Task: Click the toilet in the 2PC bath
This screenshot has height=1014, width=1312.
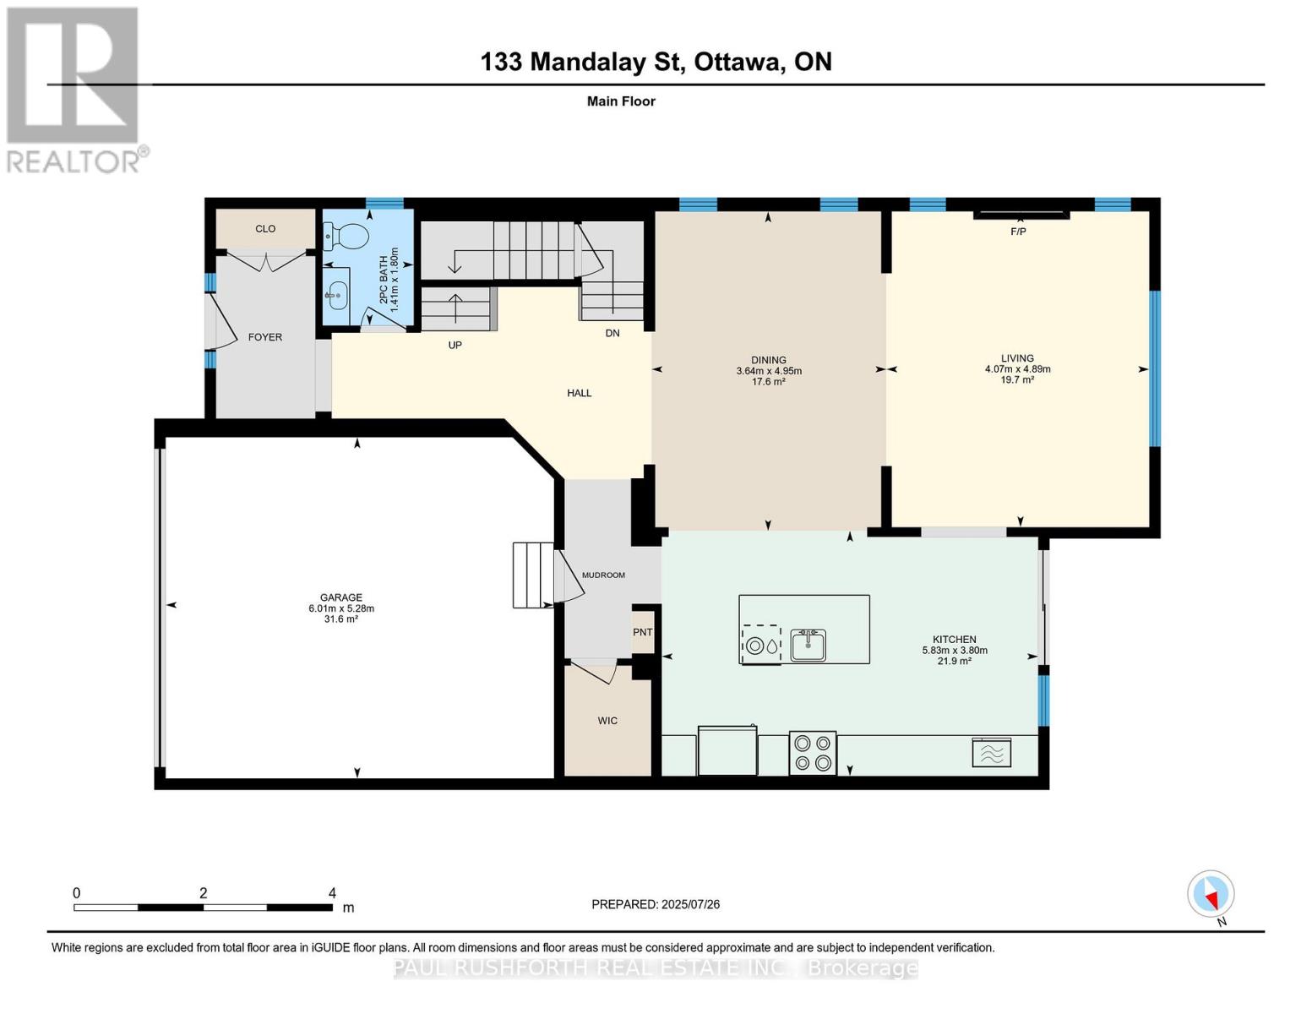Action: click(346, 236)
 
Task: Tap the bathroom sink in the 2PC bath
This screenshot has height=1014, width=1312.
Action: click(336, 295)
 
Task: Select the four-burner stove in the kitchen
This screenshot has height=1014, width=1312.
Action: click(812, 753)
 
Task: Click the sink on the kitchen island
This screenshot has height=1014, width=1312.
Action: click(808, 645)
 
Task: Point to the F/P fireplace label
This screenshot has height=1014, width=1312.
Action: click(1018, 232)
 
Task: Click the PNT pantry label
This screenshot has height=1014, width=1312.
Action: click(642, 632)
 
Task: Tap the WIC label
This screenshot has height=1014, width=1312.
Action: click(607, 721)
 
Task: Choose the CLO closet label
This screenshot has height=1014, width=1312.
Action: click(265, 228)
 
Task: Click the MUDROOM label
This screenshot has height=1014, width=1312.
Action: click(603, 575)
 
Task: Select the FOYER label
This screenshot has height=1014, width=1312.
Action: click(265, 337)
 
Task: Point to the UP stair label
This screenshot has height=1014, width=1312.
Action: click(455, 345)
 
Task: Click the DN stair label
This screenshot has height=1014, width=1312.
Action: click(612, 333)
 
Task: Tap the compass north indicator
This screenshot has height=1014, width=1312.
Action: click(1211, 894)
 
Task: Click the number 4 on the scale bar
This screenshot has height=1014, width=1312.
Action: click(332, 892)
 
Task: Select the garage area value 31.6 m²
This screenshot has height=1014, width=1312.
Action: click(341, 619)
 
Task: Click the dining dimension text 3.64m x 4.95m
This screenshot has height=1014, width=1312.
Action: click(769, 371)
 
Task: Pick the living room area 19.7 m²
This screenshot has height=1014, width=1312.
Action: click(1017, 380)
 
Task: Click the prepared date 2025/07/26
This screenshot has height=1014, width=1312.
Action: click(691, 904)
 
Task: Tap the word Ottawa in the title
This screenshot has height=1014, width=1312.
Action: click(738, 62)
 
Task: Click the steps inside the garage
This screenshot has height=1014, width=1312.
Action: click(533, 575)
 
